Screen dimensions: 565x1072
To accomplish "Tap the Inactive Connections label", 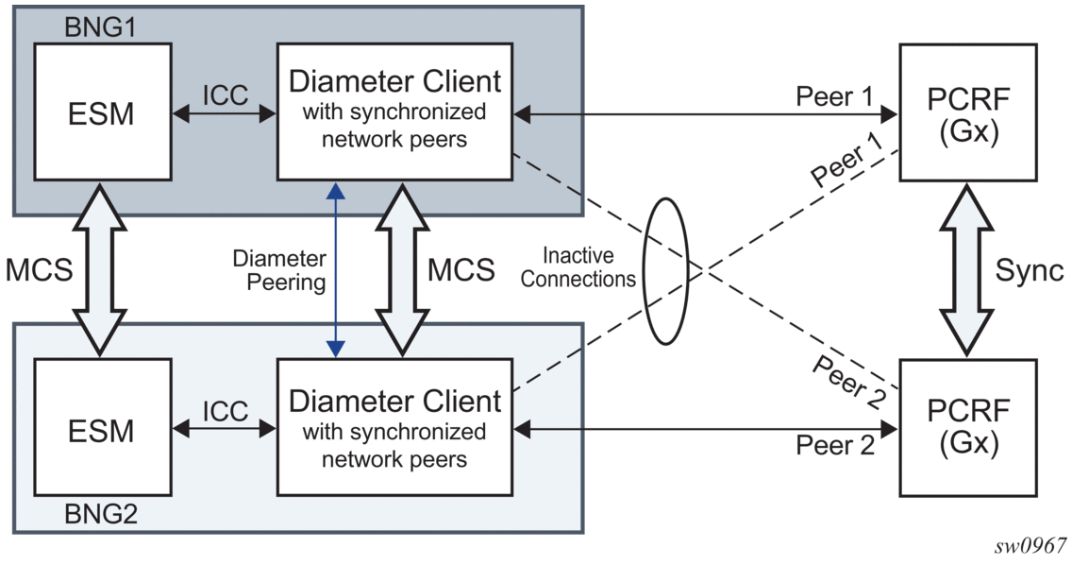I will coord(579,267).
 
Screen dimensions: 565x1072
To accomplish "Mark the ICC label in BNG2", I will coord(226,411).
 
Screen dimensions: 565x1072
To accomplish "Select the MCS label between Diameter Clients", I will coord(461,270).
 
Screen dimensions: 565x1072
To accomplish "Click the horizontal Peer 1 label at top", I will coord(834,95).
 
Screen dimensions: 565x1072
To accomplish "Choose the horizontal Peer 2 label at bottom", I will coord(834,445).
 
